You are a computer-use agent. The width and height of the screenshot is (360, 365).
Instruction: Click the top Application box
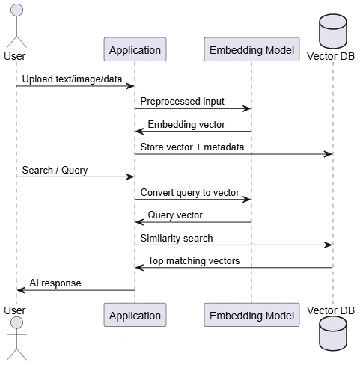[135, 49]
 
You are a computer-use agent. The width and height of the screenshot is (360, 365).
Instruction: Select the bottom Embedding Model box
[251, 315]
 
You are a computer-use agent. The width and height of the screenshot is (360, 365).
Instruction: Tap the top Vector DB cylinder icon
[333, 31]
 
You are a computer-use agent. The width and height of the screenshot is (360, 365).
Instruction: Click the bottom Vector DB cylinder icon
[333, 334]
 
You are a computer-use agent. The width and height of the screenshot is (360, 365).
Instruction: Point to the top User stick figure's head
[16, 10]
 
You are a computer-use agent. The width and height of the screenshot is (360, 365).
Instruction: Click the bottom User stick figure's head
[16, 323]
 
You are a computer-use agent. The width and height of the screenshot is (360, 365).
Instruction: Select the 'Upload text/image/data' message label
[72, 79]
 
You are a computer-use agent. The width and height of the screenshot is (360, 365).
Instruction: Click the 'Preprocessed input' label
[182, 102]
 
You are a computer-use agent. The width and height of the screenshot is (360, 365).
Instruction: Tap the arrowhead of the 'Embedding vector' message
[139, 131]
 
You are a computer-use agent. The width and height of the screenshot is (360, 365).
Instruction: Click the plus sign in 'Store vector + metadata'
[198, 147]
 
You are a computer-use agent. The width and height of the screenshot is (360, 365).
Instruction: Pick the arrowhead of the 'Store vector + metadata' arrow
[328, 154]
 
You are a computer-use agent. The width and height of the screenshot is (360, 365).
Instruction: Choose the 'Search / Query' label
[55, 171]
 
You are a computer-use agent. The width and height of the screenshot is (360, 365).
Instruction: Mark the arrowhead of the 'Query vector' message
[139, 222]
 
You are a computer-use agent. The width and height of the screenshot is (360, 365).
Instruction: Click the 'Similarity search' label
[177, 238]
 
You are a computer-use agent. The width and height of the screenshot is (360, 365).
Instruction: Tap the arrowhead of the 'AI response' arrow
[21, 290]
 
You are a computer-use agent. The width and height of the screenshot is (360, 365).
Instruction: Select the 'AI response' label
[55, 283]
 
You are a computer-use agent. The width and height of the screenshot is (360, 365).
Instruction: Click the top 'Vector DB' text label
[331, 56]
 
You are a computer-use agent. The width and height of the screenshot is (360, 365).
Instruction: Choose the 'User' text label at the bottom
[15, 310]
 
